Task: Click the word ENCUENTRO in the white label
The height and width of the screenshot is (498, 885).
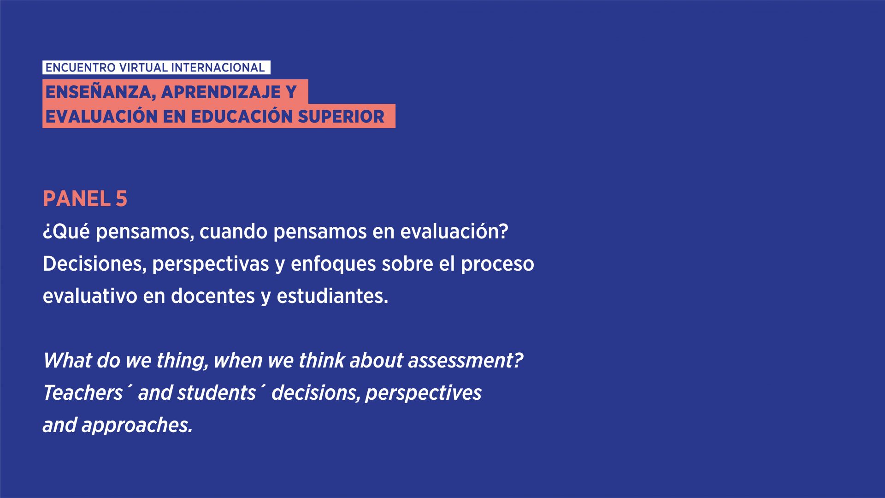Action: [80, 68]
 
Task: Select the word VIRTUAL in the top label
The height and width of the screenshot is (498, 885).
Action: [143, 68]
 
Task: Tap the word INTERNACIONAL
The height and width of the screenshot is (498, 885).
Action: [218, 68]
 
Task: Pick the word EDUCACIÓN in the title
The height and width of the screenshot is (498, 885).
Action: [242, 116]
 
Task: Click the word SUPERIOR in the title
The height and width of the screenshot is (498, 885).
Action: [341, 117]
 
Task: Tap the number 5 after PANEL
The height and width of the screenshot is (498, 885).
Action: [121, 199]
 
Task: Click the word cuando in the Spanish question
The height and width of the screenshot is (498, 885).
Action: [233, 231]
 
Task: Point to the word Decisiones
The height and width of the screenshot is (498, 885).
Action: [94, 264]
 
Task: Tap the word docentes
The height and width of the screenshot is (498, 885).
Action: [213, 296]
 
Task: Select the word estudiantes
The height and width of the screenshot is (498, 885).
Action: [332, 296]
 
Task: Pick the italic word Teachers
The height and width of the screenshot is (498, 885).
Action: [83, 393]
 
